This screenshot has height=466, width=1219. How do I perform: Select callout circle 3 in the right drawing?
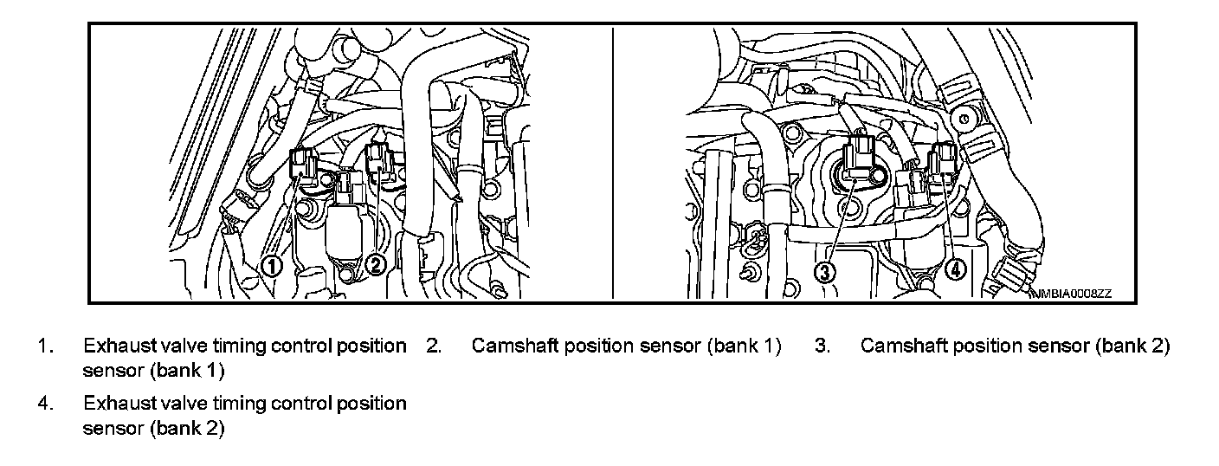[x=826, y=271]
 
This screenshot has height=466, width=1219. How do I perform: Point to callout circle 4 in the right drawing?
[x=955, y=269]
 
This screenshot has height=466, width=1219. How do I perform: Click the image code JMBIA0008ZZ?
[x=1071, y=294]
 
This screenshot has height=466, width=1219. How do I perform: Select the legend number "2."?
[x=435, y=346]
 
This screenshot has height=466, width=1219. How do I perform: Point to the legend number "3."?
[x=822, y=346]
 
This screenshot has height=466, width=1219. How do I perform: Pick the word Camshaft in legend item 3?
[x=904, y=346]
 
